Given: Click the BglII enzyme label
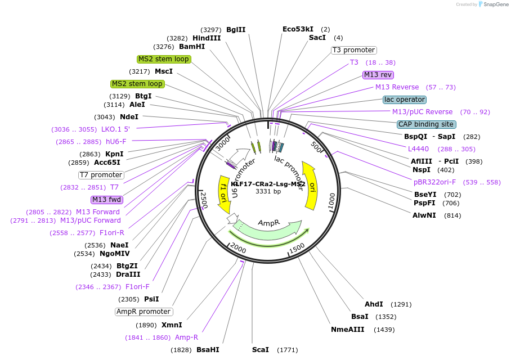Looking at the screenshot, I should (x=236, y=29).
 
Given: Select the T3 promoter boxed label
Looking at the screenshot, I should (x=353, y=50).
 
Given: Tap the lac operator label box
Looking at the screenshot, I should (x=404, y=100).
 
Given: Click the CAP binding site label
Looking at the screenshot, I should (x=426, y=124).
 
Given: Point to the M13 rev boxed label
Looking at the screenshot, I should (x=378, y=75).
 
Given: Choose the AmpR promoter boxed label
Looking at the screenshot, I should (x=144, y=312).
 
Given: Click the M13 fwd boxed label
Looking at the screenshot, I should (x=106, y=200).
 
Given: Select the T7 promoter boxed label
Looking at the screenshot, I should (x=101, y=175).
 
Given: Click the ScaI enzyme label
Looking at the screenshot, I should (x=261, y=350).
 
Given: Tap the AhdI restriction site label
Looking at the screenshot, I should (x=374, y=304).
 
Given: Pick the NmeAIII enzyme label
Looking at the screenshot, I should (x=348, y=330).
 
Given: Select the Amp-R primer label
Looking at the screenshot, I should (x=186, y=337).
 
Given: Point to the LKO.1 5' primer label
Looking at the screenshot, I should (x=116, y=129).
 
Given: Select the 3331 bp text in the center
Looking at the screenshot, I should (x=268, y=192).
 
